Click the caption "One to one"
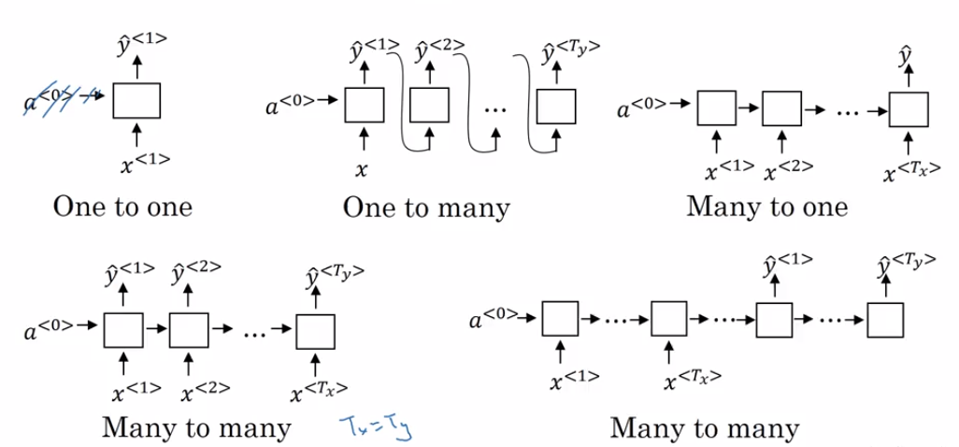pyautogui.click(x=122, y=206)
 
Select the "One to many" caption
pyautogui.click(x=426, y=206)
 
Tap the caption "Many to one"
pyautogui.click(x=767, y=206)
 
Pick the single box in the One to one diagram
pyautogui.click(x=136, y=100)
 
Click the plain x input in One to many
pyautogui.click(x=362, y=169)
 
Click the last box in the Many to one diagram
pyautogui.click(x=907, y=110)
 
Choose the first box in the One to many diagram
pyautogui.click(x=365, y=105)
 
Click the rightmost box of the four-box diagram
pyautogui.click(x=884, y=321)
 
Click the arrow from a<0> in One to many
pyautogui.click(x=329, y=99)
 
